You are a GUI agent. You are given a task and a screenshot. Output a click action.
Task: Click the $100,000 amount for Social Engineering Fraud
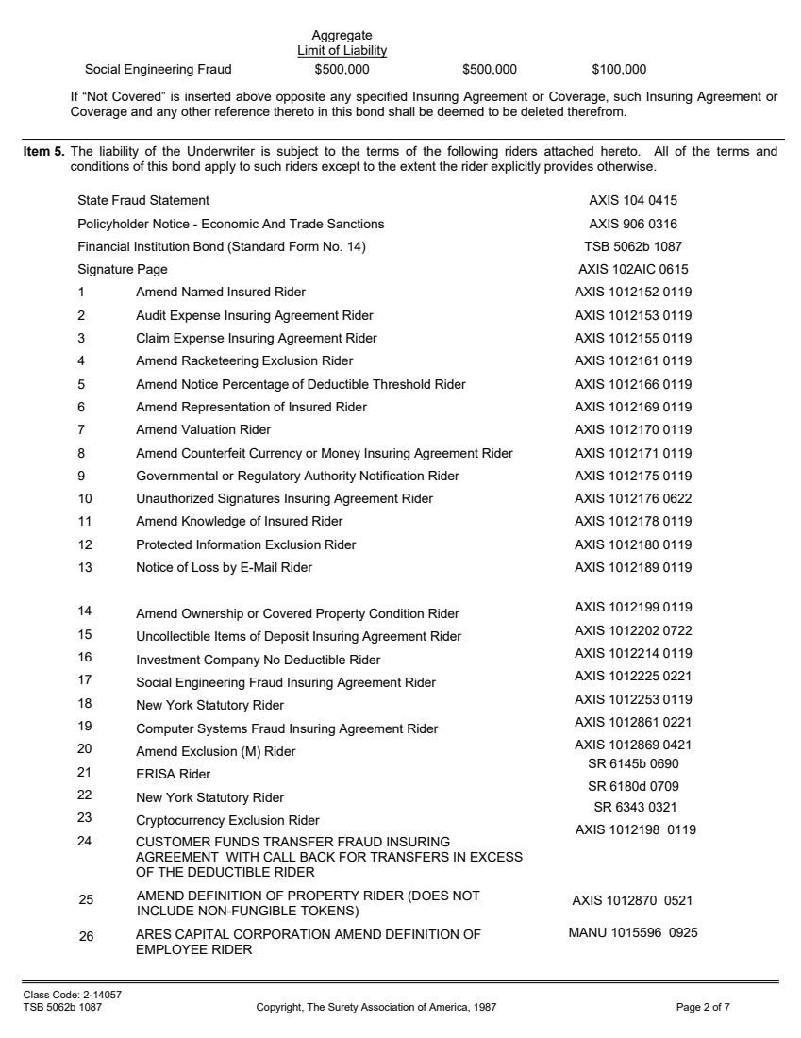619,69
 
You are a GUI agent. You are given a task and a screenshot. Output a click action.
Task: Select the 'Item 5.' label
43,151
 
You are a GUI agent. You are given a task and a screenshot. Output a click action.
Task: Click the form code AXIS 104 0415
633,201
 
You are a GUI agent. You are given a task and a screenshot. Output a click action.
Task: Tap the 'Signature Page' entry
123,270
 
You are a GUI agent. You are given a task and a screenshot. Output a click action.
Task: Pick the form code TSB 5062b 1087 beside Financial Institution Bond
633,247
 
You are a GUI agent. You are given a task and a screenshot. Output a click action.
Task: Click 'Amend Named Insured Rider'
221,293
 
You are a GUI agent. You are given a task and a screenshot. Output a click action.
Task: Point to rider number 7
82,430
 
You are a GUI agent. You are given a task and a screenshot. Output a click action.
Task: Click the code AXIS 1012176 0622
633,499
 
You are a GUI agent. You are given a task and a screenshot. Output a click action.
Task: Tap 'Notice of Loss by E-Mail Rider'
224,568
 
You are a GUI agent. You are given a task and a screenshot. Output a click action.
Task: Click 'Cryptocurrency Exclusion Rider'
227,821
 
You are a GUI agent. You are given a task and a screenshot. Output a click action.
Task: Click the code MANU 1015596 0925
632,934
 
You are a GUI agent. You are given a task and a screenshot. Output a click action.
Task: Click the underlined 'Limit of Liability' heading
342,50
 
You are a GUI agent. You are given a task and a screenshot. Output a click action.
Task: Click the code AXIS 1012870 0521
632,901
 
